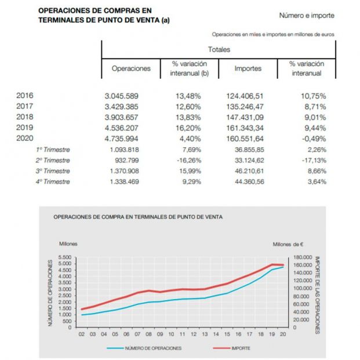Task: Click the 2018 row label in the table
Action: [x=25, y=117]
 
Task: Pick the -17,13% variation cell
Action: [x=312, y=160]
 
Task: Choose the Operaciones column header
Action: [x=131, y=68]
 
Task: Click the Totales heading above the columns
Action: [x=219, y=49]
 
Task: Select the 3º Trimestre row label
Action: [x=53, y=171]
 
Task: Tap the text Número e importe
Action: [x=306, y=16]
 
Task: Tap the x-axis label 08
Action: [x=149, y=334]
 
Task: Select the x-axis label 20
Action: [x=283, y=334]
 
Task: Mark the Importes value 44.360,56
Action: [x=247, y=181]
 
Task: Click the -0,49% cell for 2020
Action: [x=312, y=139]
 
